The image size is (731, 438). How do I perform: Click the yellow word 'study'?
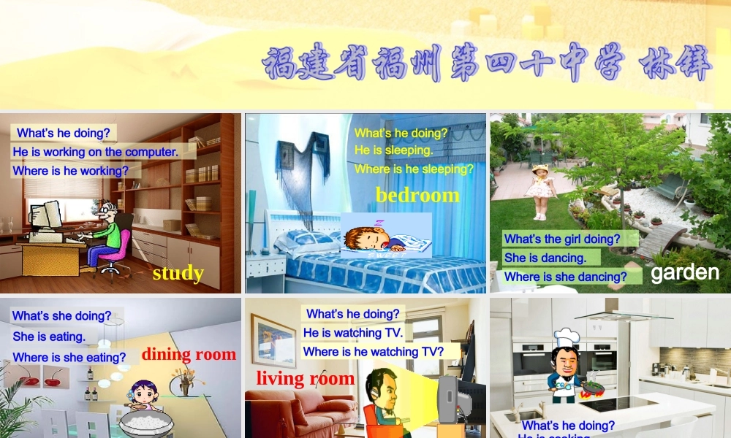(178, 273)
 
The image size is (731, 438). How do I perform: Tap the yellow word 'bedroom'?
(417, 195)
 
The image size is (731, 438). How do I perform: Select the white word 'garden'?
(685, 273)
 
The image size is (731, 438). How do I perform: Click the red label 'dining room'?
(189, 355)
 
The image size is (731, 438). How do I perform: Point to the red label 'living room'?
(305, 378)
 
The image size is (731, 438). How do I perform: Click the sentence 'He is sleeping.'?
(393, 150)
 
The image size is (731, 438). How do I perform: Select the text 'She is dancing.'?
(545, 258)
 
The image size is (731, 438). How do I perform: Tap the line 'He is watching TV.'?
(353, 333)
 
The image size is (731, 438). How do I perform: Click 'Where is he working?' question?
(76, 171)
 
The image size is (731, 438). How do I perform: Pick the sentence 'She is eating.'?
(49, 337)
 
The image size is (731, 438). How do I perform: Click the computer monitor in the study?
(44, 216)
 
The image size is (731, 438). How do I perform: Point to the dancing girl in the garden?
(540, 191)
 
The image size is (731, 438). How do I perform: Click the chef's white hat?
(567, 338)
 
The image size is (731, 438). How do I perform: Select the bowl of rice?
(145, 423)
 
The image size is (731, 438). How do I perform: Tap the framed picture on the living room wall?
(273, 340)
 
